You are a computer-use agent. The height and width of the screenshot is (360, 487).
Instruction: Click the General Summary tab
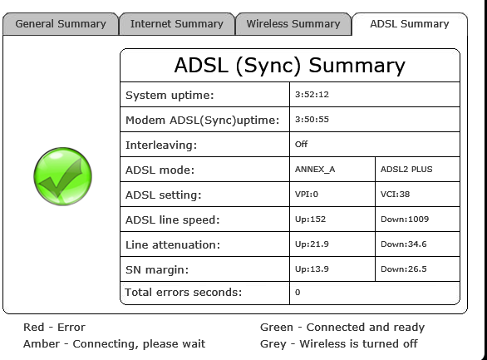tap(61, 24)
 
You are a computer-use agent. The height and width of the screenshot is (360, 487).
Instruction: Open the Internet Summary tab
tap(177, 24)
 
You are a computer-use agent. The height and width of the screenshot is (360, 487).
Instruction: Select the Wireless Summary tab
tap(293, 24)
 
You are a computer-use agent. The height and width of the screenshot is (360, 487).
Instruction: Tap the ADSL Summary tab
tap(410, 24)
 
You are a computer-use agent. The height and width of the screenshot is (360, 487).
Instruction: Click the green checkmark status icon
tap(62, 176)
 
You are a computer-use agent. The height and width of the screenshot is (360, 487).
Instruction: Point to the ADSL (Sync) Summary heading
tap(290, 65)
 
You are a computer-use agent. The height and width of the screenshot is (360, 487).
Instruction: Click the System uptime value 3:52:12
tap(312, 95)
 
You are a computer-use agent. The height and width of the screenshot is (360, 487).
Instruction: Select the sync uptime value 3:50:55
tap(312, 119)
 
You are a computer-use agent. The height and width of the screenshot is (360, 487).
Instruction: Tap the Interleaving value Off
tap(302, 144)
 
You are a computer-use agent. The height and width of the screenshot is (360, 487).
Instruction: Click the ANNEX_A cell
tap(315, 170)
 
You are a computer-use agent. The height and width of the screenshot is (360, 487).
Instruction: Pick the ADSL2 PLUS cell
tap(406, 170)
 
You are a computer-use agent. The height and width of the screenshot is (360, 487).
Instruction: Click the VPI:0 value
tap(307, 194)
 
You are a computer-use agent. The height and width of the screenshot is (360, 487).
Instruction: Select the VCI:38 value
tap(395, 194)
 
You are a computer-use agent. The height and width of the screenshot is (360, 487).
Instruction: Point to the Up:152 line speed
tap(310, 219)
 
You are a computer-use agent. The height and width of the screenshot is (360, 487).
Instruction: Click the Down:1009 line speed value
tap(405, 219)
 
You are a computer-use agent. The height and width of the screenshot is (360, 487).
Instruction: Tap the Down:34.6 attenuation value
tap(403, 244)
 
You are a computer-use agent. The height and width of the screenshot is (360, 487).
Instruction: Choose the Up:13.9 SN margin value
tap(312, 269)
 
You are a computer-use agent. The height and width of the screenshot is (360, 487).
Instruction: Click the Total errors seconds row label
tap(183, 293)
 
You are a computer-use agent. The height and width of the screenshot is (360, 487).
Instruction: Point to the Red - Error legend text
tap(54, 327)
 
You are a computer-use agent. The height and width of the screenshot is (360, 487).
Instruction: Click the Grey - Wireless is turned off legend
tap(339, 344)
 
